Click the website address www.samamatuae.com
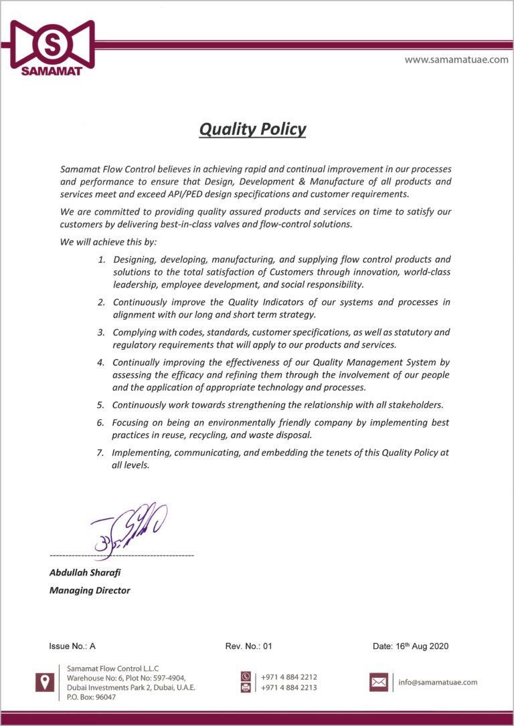click(x=456, y=59)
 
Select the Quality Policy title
click(x=252, y=129)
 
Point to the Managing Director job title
click(x=90, y=590)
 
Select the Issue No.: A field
click(x=72, y=646)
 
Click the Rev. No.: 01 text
click(x=249, y=646)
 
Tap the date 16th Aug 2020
click(x=410, y=646)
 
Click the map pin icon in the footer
click(x=45, y=682)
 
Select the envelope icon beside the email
click(x=379, y=682)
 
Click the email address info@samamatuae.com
click(x=438, y=683)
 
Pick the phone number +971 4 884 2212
click(x=289, y=677)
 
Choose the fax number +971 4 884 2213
click(x=289, y=687)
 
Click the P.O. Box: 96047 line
click(x=92, y=697)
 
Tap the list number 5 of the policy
click(x=100, y=405)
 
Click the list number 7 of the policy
click(x=100, y=453)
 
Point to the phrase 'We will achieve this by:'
click(x=108, y=242)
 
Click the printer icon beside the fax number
click(x=246, y=687)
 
